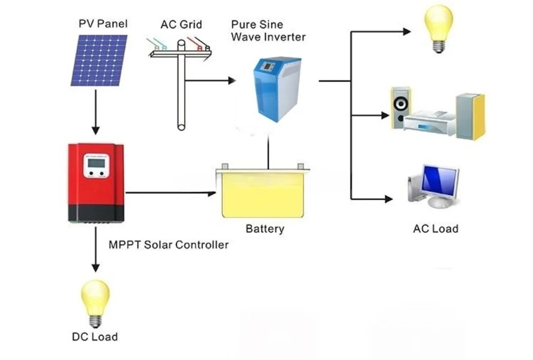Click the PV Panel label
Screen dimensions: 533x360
[x=103, y=24]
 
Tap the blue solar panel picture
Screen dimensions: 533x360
[x=99, y=60]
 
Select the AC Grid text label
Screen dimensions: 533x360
[x=181, y=24]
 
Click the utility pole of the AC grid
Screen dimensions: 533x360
[x=181, y=85]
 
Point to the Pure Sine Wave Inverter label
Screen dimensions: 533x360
[x=268, y=31]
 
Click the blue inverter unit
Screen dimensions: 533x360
[x=277, y=90]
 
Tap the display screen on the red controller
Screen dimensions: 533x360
[x=96, y=163]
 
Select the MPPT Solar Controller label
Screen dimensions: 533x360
[x=169, y=245]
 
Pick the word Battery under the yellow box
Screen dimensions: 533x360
[x=265, y=229]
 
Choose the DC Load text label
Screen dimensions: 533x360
[x=95, y=337]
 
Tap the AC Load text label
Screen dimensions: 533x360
[x=436, y=229]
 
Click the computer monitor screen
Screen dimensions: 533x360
[x=439, y=182]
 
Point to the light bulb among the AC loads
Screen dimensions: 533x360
[x=438, y=29]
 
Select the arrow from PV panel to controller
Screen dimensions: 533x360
[x=96, y=112]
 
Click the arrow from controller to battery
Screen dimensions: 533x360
[x=171, y=193]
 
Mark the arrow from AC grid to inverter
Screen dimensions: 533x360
[x=210, y=81]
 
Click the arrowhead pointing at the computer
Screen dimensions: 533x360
[x=388, y=199]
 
